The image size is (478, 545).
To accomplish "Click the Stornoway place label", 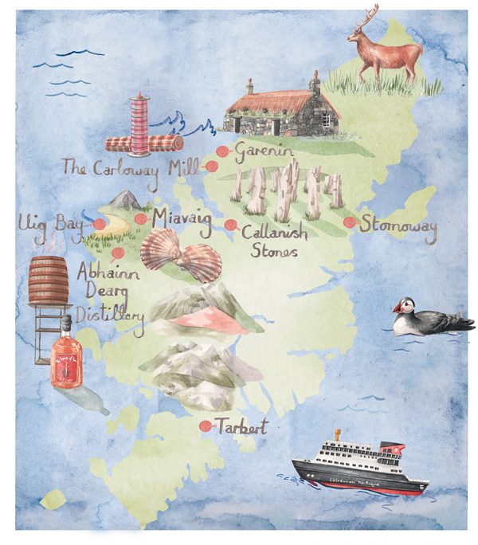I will point(398,226).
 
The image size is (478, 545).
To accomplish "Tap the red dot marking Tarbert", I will point(206,425).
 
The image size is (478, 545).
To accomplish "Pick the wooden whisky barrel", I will point(49,282).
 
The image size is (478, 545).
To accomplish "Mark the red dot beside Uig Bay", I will point(99,225).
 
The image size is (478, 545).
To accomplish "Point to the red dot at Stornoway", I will point(349,223).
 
